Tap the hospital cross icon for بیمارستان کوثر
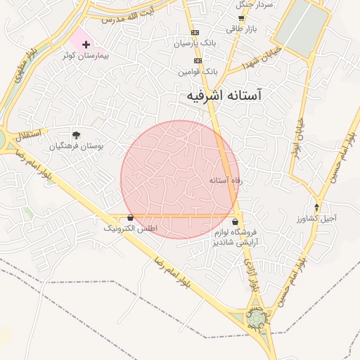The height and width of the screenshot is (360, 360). pyautogui.click(x=86, y=44)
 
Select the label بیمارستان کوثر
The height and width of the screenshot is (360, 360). pyautogui.click(x=86, y=55)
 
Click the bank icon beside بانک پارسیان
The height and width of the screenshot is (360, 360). pyautogui.click(x=195, y=33)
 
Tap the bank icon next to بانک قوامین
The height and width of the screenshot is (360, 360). pyautogui.click(x=198, y=60)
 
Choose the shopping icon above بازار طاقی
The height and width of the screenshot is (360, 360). pyautogui.click(x=241, y=19)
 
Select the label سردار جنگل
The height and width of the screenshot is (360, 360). pyautogui.click(x=255, y=5)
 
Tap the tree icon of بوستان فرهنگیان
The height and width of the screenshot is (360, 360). pyautogui.click(x=76, y=134)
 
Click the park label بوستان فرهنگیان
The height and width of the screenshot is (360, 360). pyautogui.click(x=77, y=146)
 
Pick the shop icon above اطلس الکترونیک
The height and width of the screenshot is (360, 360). pyautogui.click(x=131, y=218)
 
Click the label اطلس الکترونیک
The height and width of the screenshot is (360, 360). pyautogui.click(x=131, y=229)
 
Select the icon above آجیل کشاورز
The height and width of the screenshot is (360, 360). pyautogui.click(x=316, y=207)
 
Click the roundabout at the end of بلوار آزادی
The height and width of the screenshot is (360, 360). pyautogui.click(x=257, y=320)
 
